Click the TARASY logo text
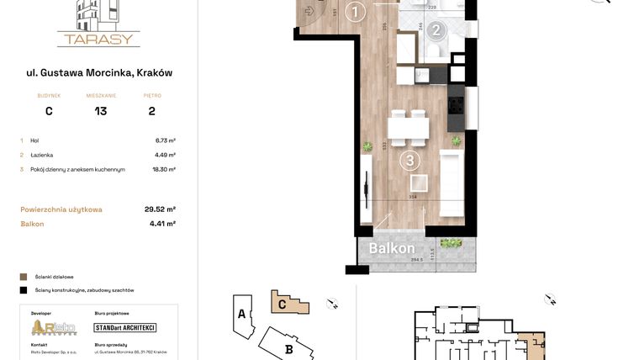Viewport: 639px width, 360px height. coord(98,39)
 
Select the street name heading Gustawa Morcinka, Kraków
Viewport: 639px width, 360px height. coord(99,73)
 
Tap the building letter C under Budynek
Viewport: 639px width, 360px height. coord(49,110)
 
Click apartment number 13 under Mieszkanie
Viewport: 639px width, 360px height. coord(101,110)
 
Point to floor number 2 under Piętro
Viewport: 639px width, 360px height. coord(151,110)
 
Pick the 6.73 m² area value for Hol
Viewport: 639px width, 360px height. coord(165,140)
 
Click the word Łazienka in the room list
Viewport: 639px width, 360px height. coord(43,155)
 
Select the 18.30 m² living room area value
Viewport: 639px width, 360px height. coord(163,169)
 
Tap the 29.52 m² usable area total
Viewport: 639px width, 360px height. coord(160,209)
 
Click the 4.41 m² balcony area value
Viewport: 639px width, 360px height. coord(162,224)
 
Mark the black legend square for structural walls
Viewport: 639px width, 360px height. coord(24,289)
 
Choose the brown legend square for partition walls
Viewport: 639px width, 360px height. coord(24,276)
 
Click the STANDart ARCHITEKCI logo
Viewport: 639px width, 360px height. coord(125,327)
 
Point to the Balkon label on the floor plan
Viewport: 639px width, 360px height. coord(392,249)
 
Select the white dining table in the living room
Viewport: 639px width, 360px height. coord(409,128)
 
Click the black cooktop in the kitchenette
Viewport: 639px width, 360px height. coord(457,105)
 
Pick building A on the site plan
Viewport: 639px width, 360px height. coord(241,315)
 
